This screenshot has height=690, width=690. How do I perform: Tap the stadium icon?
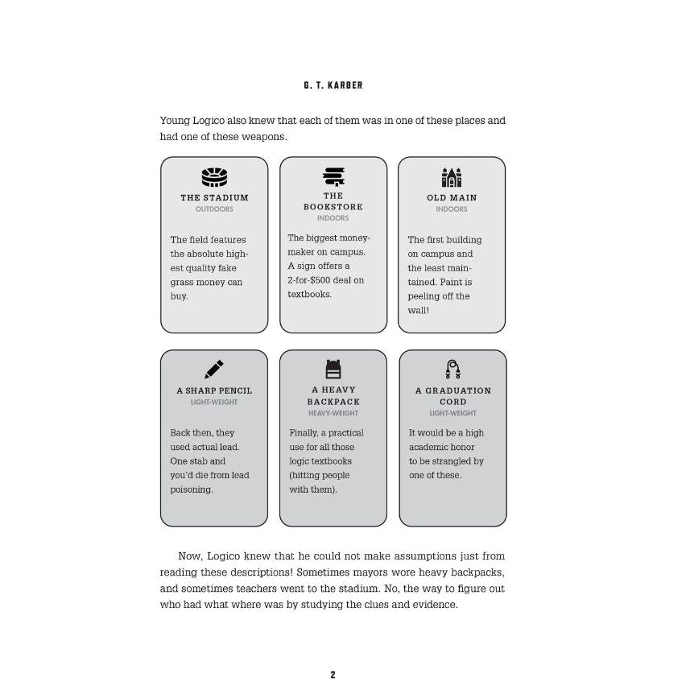pos(214,176)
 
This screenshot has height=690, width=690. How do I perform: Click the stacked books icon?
pos(333,176)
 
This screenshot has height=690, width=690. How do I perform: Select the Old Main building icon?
pos(452,176)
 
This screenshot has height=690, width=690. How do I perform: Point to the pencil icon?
pos(214,370)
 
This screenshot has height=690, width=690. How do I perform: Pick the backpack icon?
pos(333,369)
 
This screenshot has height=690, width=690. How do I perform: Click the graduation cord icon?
pos(452,369)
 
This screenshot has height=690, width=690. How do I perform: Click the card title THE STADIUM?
pos(214,197)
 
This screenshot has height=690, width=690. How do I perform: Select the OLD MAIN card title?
pos(452,197)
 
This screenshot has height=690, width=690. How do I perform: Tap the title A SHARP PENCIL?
pos(214,390)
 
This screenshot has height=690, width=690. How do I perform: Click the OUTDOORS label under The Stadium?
pos(214,209)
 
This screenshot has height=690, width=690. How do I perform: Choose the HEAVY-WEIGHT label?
pos(333,413)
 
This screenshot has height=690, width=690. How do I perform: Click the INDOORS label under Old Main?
pos(452,209)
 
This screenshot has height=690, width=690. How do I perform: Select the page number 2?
pos(333,675)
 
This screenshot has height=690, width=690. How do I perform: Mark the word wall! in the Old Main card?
pos(419,310)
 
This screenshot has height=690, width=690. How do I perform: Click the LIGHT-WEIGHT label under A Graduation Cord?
pos(452,413)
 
